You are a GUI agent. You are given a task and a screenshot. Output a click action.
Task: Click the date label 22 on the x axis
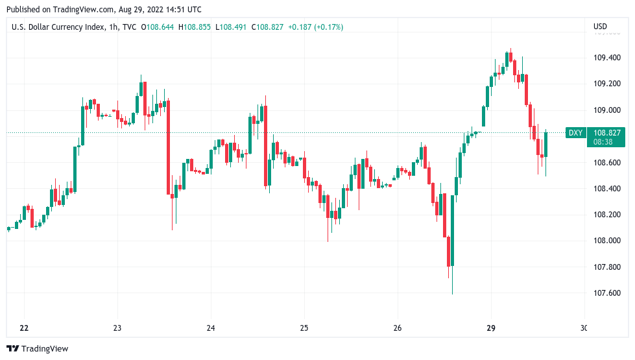pos(24,328)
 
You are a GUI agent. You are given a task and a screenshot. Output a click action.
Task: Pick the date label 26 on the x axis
pos(398,328)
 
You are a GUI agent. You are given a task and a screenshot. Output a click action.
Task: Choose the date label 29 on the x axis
pos(491,328)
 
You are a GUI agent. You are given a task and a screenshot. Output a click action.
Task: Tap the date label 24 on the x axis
pos(211,328)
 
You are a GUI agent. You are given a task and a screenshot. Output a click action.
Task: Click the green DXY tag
pos(575,133)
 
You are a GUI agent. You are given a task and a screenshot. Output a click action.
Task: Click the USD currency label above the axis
pos(600,27)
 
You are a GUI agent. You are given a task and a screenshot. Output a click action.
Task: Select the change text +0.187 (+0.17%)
pos(317,27)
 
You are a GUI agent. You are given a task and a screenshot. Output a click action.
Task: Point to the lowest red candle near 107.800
pos(448,252)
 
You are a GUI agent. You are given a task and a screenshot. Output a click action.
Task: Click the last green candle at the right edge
pos(546,144)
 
